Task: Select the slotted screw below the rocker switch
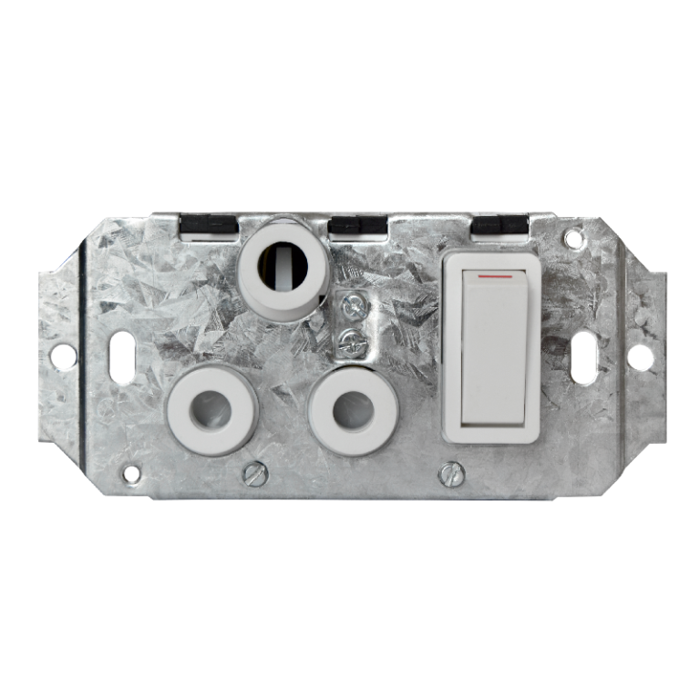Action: [x=448, y=472]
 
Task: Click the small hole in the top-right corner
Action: [x=573, y=240]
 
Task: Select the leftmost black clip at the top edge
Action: [x=209, y=224]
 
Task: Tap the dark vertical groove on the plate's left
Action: [x=84, y=355]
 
